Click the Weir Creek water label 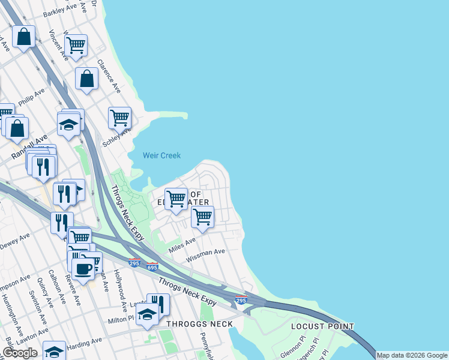(161, 155)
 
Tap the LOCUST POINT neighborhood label (322, 326)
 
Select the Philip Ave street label (32, 98)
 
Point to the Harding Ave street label (86, 343)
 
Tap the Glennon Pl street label (293, 350)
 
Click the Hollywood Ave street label (122, 292)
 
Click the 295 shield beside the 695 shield (134, 263)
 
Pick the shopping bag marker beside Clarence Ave (86, 78)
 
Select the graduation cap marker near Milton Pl (147, 314)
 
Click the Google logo (19, 353)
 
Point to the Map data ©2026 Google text (412, 355)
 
